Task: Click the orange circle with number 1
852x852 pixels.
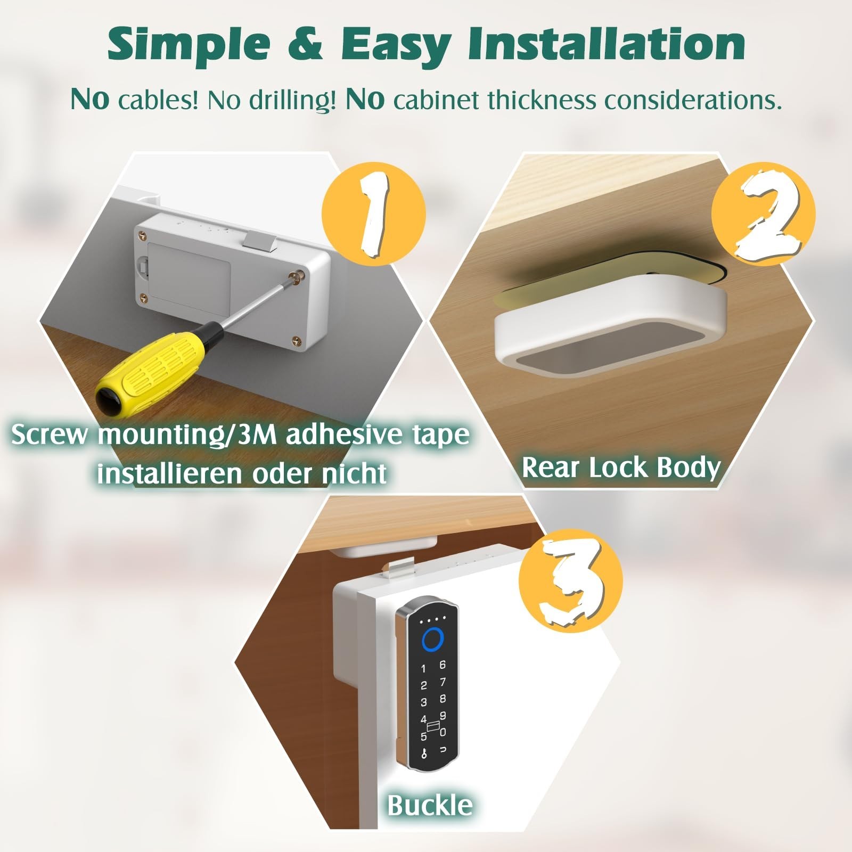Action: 373,212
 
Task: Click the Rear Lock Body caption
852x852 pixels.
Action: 621,468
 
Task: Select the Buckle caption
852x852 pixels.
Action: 430,805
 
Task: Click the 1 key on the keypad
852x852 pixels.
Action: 424,669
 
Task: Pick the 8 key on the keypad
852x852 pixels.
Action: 443,699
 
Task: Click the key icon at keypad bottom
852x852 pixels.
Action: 424,753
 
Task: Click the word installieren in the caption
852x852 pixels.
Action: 169,473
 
